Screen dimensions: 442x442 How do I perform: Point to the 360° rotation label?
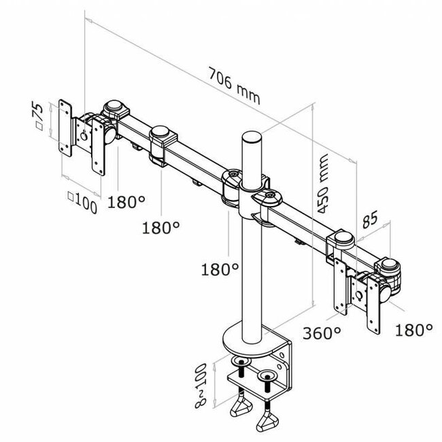(322, 333)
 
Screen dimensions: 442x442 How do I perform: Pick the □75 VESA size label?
(39, 117)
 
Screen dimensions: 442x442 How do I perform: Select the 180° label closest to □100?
(127, 201)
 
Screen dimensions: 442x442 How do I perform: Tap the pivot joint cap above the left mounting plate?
(115, 108)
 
